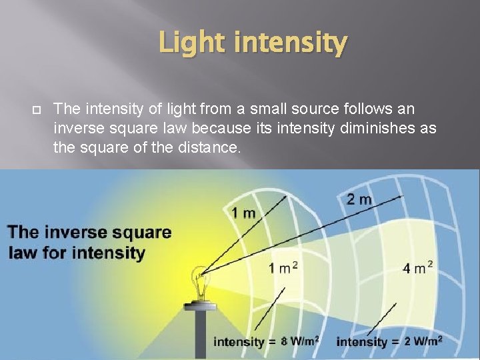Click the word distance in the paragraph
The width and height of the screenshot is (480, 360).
(203, 148)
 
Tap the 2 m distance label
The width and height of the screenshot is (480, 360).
(360, 199)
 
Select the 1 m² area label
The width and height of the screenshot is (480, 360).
(283, 268)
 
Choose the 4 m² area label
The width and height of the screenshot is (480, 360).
(418, 268)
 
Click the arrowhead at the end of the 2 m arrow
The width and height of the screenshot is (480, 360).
(400, 197)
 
